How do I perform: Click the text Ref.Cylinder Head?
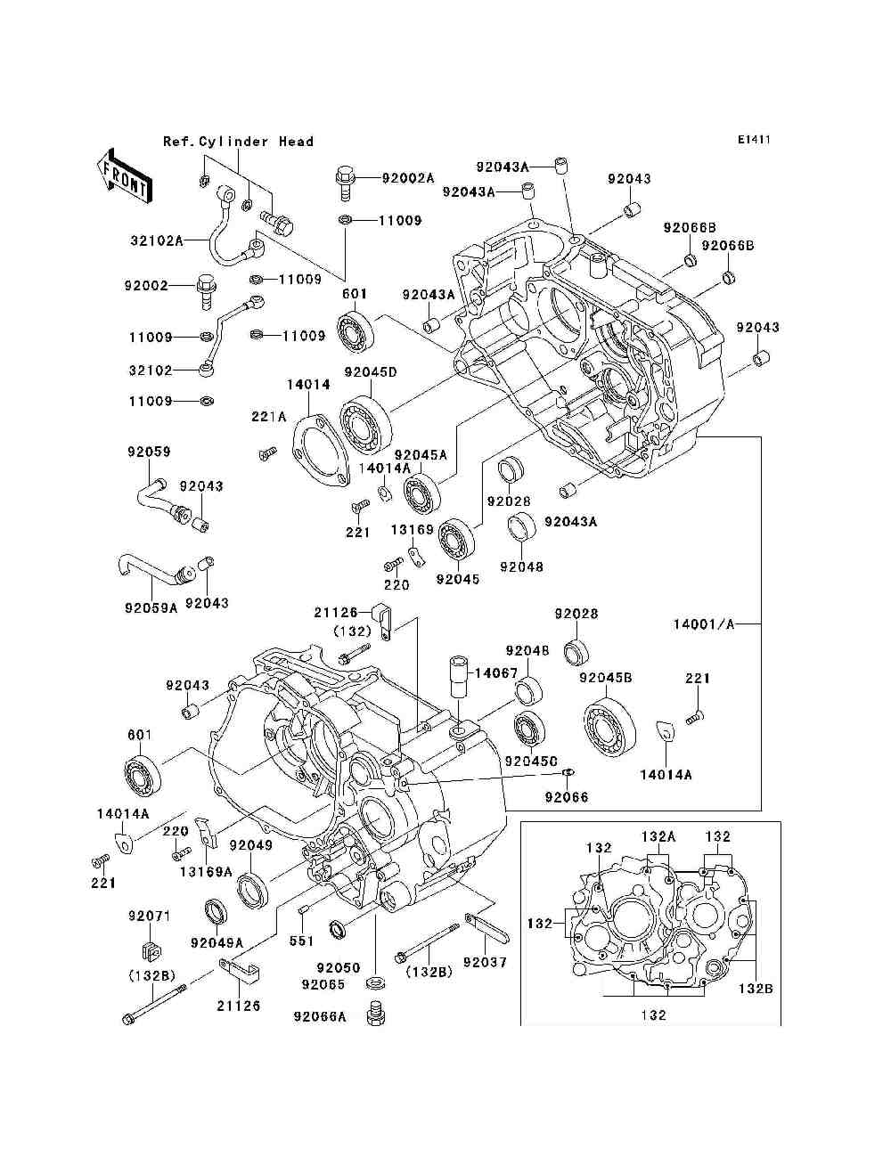(239, 142)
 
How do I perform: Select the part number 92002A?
(408, 178)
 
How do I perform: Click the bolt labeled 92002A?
(345, 183)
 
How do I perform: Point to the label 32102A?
(157, 240)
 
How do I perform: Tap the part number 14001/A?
(704, 624)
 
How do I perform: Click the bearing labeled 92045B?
(609, 723)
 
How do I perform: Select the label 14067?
(496, 673)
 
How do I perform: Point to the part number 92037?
(485, 962)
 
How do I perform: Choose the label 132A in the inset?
(658, 836)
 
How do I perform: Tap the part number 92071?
(149, 916)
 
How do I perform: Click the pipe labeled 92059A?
(151, 568)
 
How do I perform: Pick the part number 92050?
(339, 967)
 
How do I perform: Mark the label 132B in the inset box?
(756, 989)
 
